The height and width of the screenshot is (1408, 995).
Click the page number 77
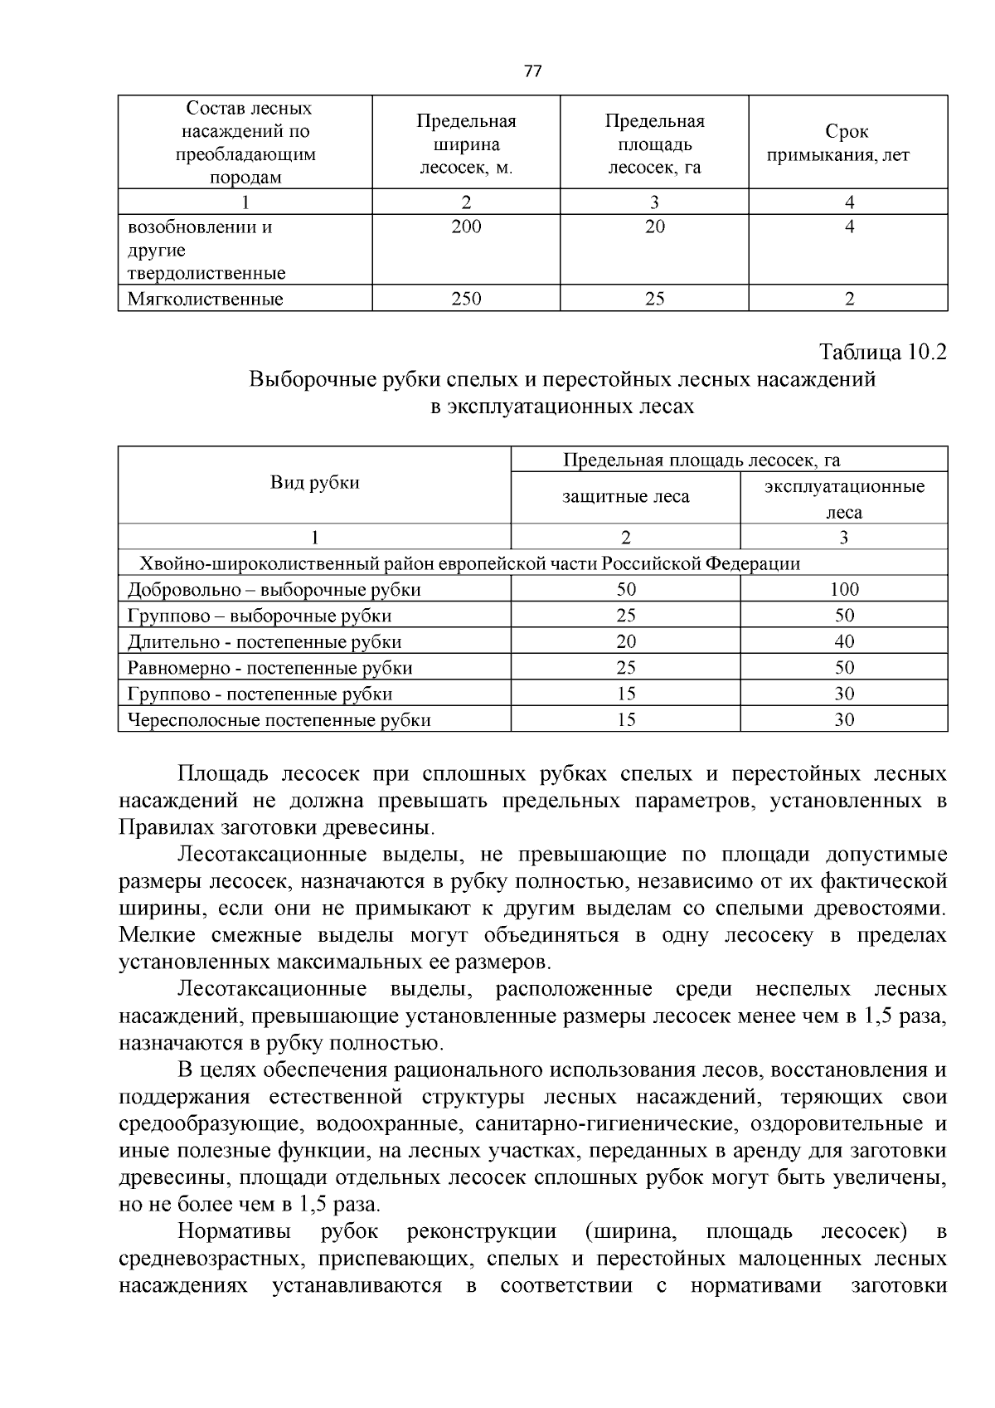click(x=533, y=71)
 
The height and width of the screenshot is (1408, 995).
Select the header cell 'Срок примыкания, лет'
click(x=847, y=143)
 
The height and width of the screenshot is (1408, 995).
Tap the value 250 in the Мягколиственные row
click(x=466, y=299)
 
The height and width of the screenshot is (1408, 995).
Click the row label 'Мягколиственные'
click(x=205, y=299)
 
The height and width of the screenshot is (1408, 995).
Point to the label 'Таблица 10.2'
click(x=882, y=352)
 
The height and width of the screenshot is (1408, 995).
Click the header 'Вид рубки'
click(x=315, y=483)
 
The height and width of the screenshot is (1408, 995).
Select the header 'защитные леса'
click(x=625, y=497)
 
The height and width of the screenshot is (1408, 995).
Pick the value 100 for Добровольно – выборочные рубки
click(x=844, y=589)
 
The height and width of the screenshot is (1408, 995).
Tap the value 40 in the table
click(x=844, y=641)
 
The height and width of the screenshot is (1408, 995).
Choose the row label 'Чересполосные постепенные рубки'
click(x=279, y=719)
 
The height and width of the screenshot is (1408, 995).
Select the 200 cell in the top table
click(x=466, y=227)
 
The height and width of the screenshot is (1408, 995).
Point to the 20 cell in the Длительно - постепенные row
click(x=626, y=641)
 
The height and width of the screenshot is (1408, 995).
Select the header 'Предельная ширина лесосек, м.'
click(x=466, y=144)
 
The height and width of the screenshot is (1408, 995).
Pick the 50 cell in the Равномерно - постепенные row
click(x=844, y=667)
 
